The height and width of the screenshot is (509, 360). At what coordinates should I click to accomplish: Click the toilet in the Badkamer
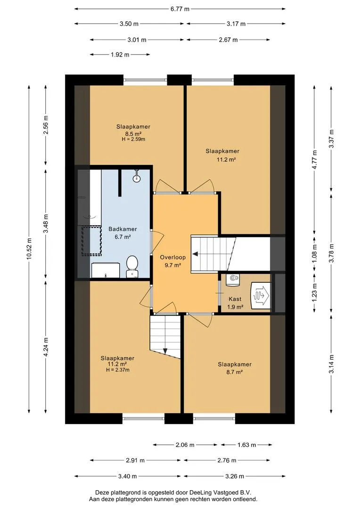click(x=132, y=266)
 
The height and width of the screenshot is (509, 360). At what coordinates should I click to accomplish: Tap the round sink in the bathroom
click(x=137, y=177)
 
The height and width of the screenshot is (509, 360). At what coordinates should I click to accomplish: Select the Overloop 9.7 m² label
click(x=172, y=261)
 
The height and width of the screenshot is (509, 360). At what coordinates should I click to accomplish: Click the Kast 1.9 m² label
click(x=235, y=303)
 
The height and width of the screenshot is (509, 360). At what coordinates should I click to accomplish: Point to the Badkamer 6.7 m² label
click(x=123, y=233)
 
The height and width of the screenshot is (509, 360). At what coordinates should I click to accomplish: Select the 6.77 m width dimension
click(x=180, y=9)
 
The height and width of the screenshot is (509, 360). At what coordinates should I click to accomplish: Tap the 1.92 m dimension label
click(x=120, y=55)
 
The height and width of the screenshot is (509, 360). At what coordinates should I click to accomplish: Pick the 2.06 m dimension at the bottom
click(x=185, y=445)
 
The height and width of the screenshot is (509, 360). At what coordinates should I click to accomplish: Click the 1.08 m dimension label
click(x=314, y=254)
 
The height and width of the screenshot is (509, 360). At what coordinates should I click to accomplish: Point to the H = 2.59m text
click(x=133, y=139)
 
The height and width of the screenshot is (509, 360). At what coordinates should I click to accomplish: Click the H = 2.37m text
click(x=117, y=369)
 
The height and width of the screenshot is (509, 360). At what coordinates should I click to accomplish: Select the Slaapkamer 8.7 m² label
click(x=234, y=368)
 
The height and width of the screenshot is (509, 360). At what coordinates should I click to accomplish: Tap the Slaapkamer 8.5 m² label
click(x=133, y=130)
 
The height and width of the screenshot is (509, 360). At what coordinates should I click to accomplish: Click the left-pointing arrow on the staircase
click(x=196, y=254)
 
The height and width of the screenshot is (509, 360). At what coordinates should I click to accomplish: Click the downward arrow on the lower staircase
click(x=165, y=351)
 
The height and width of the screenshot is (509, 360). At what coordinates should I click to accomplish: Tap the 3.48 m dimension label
click(x=46, y=223)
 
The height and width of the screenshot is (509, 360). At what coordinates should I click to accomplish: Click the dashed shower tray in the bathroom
click(x=91, y=240)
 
